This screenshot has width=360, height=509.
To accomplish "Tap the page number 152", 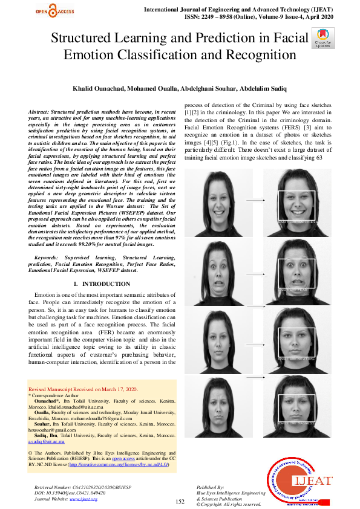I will [x=179, y=502].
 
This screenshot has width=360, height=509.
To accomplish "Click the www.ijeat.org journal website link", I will [x=83, y=499].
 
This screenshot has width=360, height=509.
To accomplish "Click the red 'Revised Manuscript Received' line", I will [x=83, y=389].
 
